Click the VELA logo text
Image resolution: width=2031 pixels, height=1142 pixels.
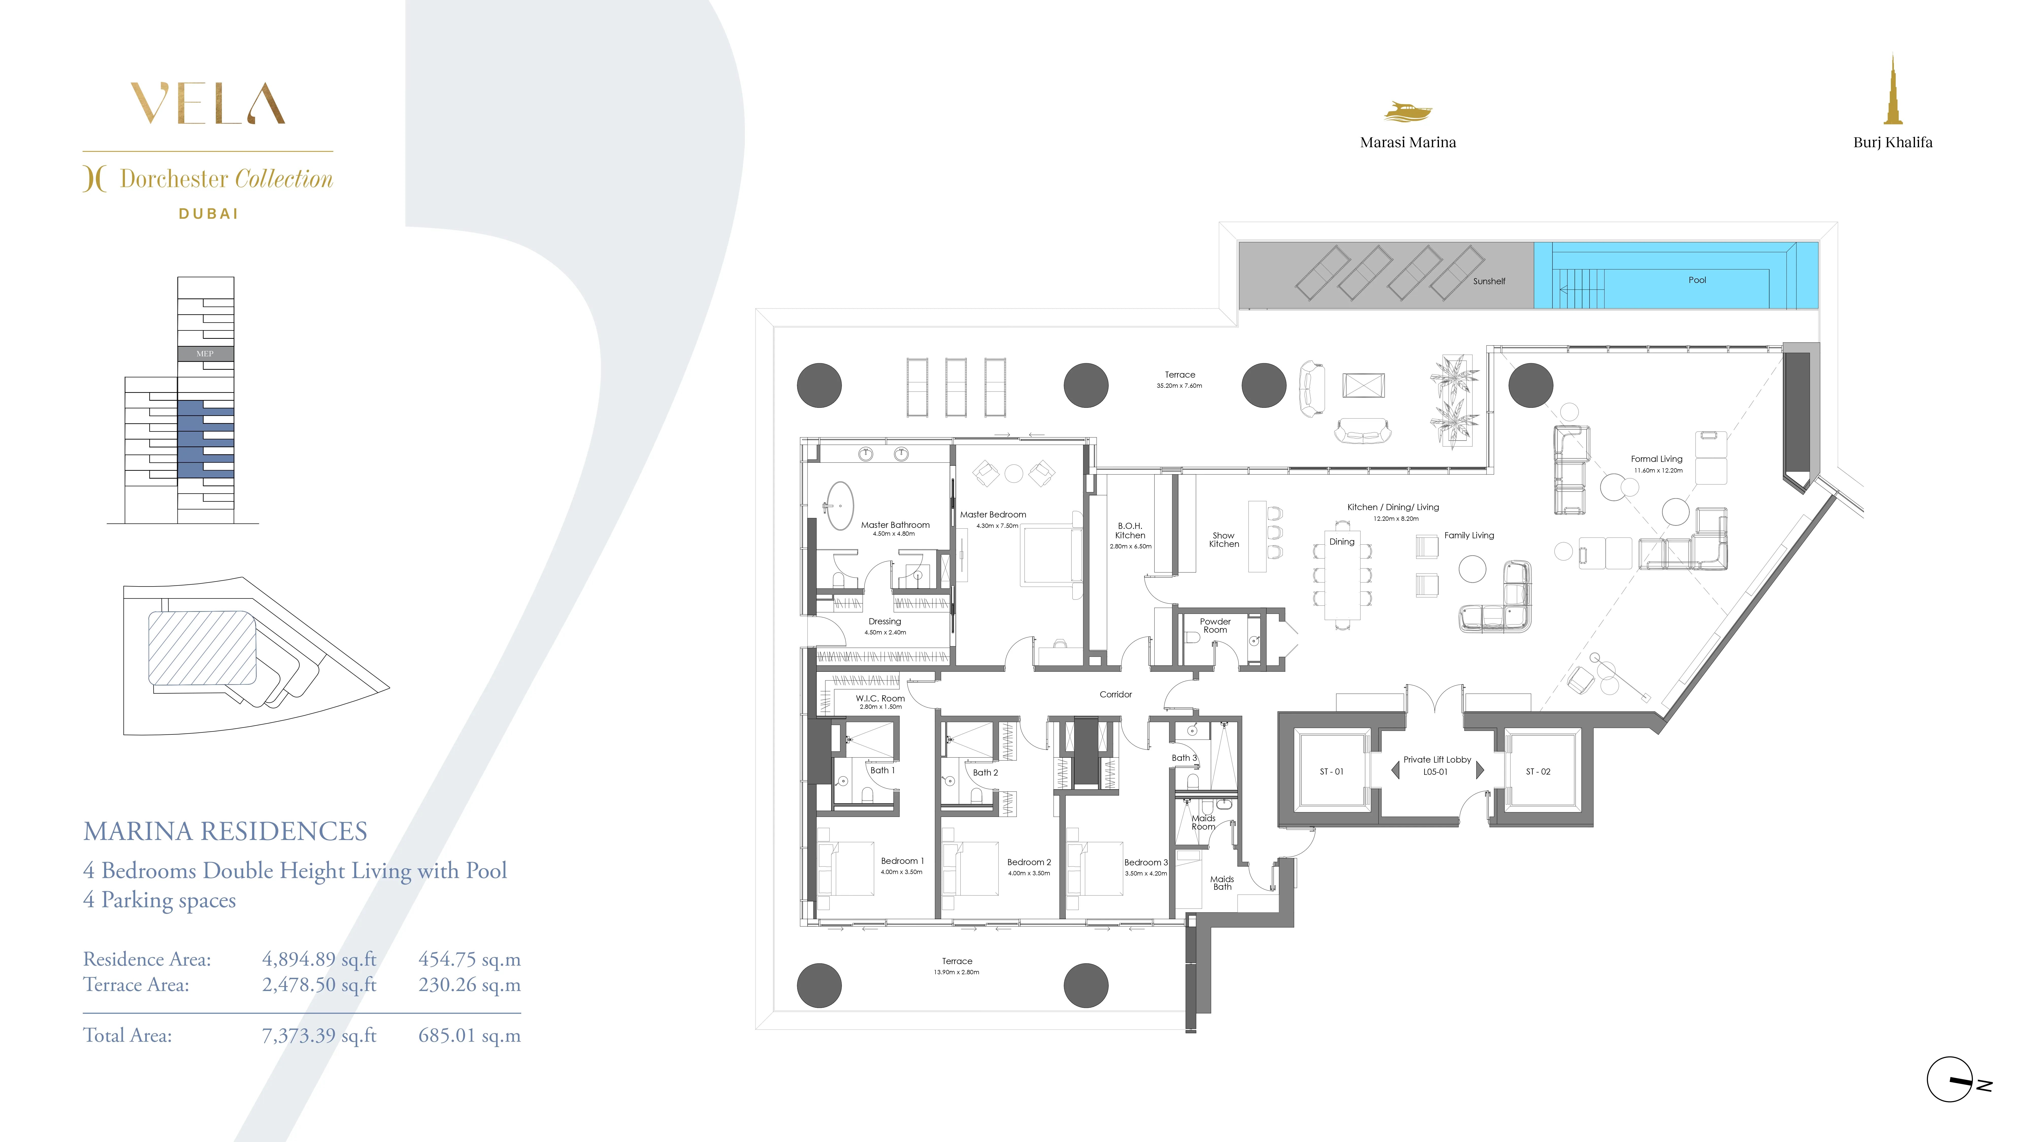(207, 104)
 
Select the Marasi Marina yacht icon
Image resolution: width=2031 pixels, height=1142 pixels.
(1407, 112)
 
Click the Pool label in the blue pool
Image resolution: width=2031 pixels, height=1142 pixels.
(1697, 280)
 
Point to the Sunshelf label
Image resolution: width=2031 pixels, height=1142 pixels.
(1488, 281)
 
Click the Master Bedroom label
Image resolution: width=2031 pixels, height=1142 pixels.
(993, 515)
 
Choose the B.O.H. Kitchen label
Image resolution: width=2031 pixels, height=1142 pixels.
(1130, 530)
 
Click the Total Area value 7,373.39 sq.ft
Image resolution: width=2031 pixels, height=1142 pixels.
(319, 1036)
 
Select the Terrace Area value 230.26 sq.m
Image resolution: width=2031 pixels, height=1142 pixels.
(469, 985)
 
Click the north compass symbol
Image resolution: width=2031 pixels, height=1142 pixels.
(1950, 1080)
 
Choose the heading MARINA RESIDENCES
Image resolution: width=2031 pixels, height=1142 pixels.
(225, 831)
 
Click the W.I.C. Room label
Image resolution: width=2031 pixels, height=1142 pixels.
(880, 698)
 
